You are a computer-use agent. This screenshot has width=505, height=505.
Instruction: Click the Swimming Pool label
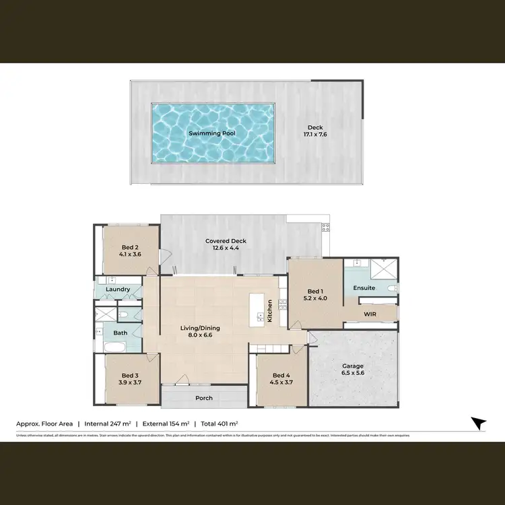pos(213,133)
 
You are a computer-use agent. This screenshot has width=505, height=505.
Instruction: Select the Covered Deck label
pos(226,240)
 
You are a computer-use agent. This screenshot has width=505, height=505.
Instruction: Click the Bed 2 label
pos(131,247)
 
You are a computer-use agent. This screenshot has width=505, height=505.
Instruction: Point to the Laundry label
pos(118,290)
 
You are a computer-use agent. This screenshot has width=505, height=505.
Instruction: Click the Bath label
pos(121,333)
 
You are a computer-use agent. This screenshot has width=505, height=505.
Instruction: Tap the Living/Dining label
pos(199,329)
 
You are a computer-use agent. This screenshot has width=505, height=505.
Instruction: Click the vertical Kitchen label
pos(270,310)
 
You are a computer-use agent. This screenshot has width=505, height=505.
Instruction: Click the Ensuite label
pos(364,288)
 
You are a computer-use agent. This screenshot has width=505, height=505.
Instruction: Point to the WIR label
pos(370,314)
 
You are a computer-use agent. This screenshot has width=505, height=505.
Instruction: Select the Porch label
pos(204,398)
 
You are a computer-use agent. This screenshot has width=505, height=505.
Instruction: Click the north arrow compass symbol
pos(478,423)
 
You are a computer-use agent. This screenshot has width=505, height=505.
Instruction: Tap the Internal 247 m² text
pos(108,424)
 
